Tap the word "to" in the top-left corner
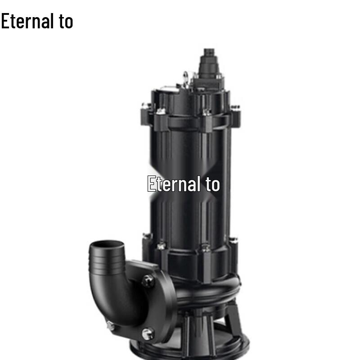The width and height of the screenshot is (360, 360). (66, 21)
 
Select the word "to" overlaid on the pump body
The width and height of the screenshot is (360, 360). (212, 184)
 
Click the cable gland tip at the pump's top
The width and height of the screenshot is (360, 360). (209, 54)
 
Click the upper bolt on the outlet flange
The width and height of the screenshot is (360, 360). (148, 281)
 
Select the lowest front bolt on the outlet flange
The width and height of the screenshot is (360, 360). (148, 333)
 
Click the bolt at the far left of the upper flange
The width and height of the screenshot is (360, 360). (145, 106)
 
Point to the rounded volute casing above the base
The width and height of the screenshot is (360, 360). (207, 292)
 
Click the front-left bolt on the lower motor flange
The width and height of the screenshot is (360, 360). (161, 246)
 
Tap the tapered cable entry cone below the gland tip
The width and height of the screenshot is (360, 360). (209, 67)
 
